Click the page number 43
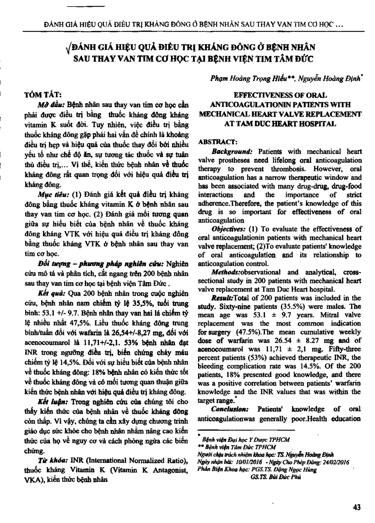(357, 507)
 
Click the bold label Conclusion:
(230, 409)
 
